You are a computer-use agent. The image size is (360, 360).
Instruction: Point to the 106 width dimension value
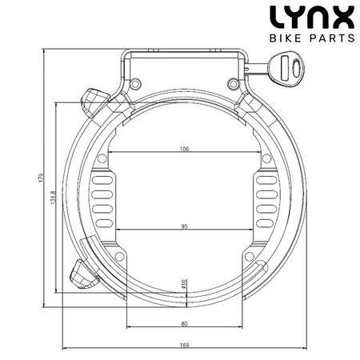pyautogui.click(x=184, y=150)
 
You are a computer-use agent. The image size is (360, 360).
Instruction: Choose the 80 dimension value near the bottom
pyautogui.click(x=184, y=323)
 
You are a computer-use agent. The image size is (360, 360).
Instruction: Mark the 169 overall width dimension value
pyautogui.click(x=184, y=346)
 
